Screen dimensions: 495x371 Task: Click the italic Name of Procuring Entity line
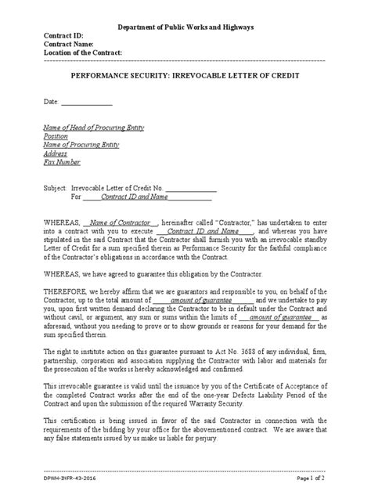coord(81,145)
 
